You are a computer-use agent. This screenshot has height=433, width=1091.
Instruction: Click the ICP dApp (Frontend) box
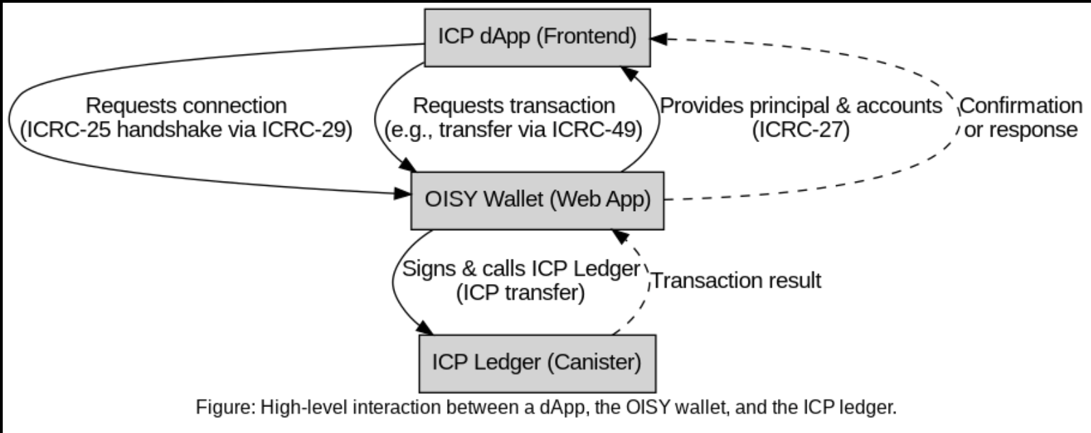(x=537, y=38)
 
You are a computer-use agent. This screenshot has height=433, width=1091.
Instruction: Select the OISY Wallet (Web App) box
(x=537, y=200)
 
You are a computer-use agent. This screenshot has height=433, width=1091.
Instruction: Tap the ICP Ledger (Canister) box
(x=537, y=363)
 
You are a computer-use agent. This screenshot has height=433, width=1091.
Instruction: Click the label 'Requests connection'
(x=186, y=106)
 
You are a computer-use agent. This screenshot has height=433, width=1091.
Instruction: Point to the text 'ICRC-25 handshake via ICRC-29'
(x=186, y=130)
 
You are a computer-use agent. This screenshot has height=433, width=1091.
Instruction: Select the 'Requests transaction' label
(x=514, y=106)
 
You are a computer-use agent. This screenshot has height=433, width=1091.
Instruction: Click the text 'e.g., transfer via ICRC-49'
(x=514, y=130)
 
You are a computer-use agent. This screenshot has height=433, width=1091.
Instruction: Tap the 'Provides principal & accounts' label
(x=800, y=106)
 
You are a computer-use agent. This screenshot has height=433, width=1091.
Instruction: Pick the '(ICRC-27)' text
(x=800, y=130)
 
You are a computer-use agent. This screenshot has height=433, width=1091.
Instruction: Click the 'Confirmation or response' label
(x=1021, y=117)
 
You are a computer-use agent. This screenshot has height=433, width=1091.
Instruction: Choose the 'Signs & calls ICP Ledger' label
(x=520, y=268)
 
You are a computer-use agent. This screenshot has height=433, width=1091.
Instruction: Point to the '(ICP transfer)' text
(x=520, y=292)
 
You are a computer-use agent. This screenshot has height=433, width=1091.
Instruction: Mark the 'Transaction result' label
(x=736, y=281)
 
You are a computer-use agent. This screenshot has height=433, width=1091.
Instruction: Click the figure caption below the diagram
(x=545, y=408)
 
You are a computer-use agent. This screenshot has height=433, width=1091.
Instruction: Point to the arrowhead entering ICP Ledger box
(x=426, y=329)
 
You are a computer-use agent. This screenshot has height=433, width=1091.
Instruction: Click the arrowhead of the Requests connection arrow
(x=403, y=194)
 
